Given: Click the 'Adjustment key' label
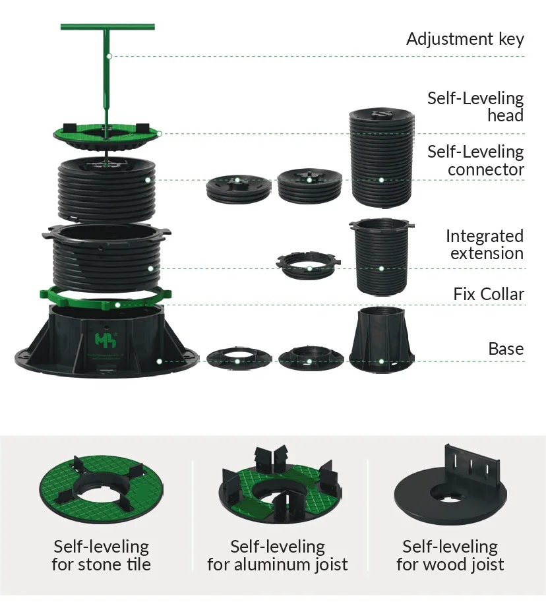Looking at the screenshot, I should tap(465, 39).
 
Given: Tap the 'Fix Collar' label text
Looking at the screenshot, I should tap(488, 293).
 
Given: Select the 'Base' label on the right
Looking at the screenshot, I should tap(506, 349).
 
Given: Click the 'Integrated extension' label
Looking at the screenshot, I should tap(484, 245).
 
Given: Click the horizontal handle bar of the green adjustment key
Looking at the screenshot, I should tap(107, 27).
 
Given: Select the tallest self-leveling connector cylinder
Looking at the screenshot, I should tap(381, 158).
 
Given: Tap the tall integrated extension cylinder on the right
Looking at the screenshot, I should tap(380, 257).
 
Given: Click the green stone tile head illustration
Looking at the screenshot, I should tap(101, 488).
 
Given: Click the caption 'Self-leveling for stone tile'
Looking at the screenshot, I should tap(101, 555).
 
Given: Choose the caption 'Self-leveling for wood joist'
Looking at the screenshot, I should tap(450, 555).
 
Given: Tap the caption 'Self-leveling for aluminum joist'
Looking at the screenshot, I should tap(277, 555).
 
